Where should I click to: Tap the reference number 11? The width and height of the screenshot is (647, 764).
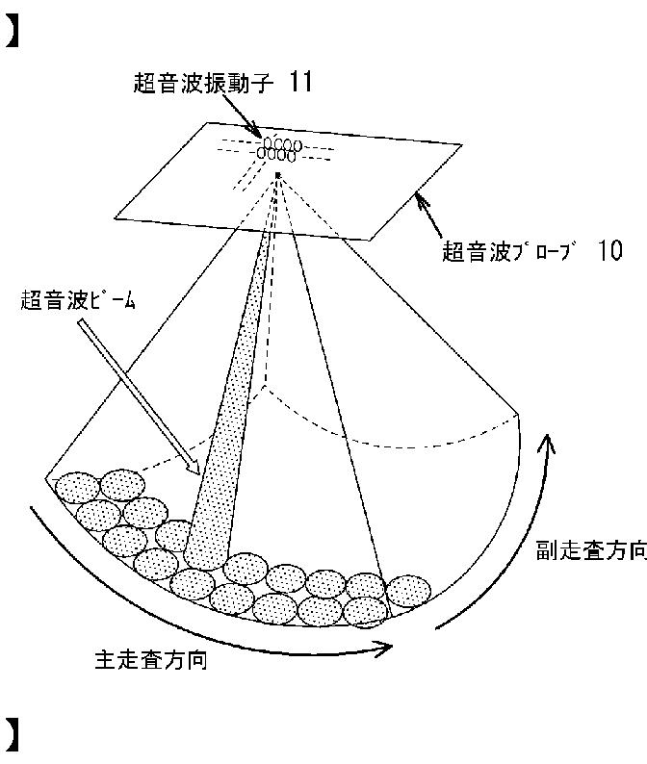point(299,83)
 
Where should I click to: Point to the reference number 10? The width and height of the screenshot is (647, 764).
point(608,252)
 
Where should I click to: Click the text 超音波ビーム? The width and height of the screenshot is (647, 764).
point(78,300)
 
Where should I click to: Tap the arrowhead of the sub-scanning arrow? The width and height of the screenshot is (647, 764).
point(547,444)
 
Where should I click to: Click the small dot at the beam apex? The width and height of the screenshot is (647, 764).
point(277,174)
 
